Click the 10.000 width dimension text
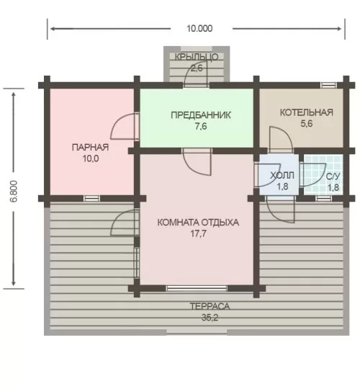coord(199,29)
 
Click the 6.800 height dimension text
coord(14,191)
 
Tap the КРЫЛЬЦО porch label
coord(197,57)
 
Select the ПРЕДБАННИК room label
coord(201,115)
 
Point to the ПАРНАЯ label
coord(90,148)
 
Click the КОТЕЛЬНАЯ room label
coord(307,112)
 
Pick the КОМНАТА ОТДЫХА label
coord(198,223)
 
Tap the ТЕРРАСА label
coord(210,306)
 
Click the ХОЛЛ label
coord(282,176)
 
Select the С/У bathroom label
coord(333,176)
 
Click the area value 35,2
coord(210,318)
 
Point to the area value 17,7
coord(198,233)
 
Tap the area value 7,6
coord(201,127)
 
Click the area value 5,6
coord(307,124)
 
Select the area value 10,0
coord(91,158)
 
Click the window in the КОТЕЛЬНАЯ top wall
coord(328,85)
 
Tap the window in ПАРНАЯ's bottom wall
coord(91,199)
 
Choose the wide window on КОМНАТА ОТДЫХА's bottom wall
coord(197,288)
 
